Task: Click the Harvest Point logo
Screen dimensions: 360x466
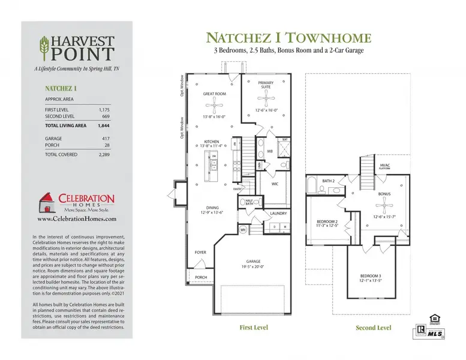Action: pyautogui.click(x=77, y=48)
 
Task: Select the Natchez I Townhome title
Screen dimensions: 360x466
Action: pyautogui.click(x=288, y=38)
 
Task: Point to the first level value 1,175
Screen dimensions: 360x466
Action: pyautogui.click(x=103, y=110)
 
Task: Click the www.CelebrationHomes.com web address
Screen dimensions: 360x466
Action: pyautogui.click(x=77, y=219)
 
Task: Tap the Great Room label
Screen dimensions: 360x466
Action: pyautogui.click(x=214, y=94)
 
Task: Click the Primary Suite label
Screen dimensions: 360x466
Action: pyautogui.click(x=265, y=85)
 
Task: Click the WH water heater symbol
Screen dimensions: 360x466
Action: pyautogui.click(x=243, y=229)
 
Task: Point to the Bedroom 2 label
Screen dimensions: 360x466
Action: pyautogui.click(x=327, y=223)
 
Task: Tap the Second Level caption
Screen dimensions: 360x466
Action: pyautogui.click(x=374, y=328)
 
